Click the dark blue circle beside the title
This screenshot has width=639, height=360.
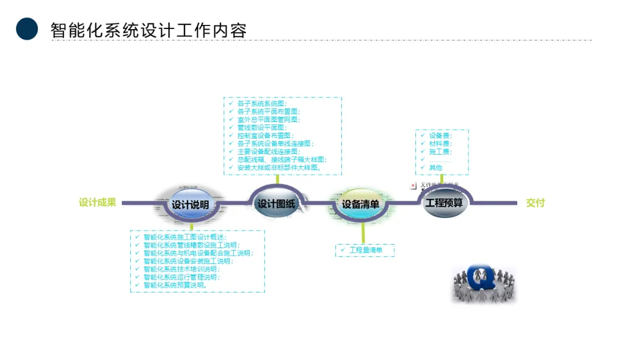click(27, 28)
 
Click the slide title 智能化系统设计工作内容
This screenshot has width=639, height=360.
click(149, 30)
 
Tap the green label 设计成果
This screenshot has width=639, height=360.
click(98, 202)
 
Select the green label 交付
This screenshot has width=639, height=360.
click(535, 202)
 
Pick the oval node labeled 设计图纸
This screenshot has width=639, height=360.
click(276, 204)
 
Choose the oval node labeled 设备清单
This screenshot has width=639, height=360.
click(360, 204)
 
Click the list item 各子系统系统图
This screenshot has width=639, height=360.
click(262, 104)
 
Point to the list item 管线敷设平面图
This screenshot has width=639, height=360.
click(262, 127)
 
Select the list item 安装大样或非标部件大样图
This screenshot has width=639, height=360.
click(279, 168)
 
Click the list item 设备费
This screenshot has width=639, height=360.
click(440, 136)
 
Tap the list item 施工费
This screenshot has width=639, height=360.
click(440, 152)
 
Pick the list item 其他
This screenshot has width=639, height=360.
click(435, 168)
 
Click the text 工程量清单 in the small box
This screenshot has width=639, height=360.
click(366, 250)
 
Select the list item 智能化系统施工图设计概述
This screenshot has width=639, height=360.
click(185, 237)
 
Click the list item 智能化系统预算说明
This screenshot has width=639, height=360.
click(175, 285)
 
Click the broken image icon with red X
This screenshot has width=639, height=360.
click(413, 185)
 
